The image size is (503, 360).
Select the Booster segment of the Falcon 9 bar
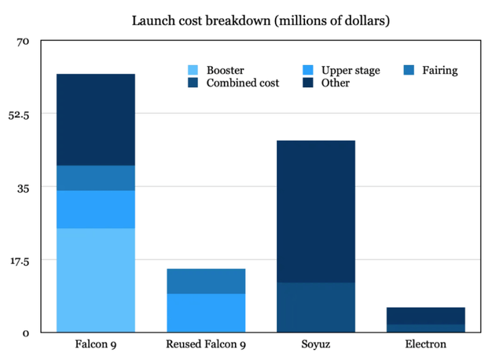pyautogui.click(x=96, y=280)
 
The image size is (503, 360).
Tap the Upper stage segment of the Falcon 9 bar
pyautogui.click(x=96, y=209)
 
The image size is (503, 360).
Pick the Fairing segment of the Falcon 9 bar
pyautogui.click(x=96, y=178)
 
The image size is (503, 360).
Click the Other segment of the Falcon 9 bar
pyautogui.click(x=96, y=119)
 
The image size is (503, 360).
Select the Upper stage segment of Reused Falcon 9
pyautogui.click(x=206, y=312)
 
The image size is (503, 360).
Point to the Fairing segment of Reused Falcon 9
pyautogui.click(x=206, y=281)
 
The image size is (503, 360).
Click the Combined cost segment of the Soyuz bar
pyautogui.click(x=316, y=307)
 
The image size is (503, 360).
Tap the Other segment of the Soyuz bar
pyautogui.click(x=316, y=211)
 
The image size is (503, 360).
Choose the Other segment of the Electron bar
pyautogui.click(x=426, y=315)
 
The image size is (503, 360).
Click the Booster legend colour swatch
pyautogui.click(x=192, y=71)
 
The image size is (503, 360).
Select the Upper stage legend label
pyautogui.click(x=351, y=71)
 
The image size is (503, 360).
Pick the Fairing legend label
pyautogui.click(x=440, y=71)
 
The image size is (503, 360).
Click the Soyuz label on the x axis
pyautogui.click(x=316, y=344)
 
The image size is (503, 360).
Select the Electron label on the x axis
pyautogui.click(x=426, y=344)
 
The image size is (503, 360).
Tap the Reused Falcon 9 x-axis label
pyautogui.click(x=206, y=344)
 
